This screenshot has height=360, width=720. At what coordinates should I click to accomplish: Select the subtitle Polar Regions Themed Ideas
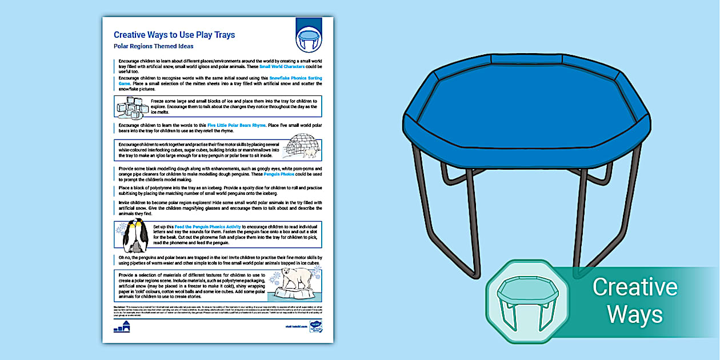(153, 46)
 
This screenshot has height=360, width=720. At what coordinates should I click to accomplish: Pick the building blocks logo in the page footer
(122, 327)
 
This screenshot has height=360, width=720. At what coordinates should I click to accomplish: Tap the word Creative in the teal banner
(634, 286)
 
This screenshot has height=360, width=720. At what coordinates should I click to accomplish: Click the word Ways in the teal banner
(634, 314)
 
